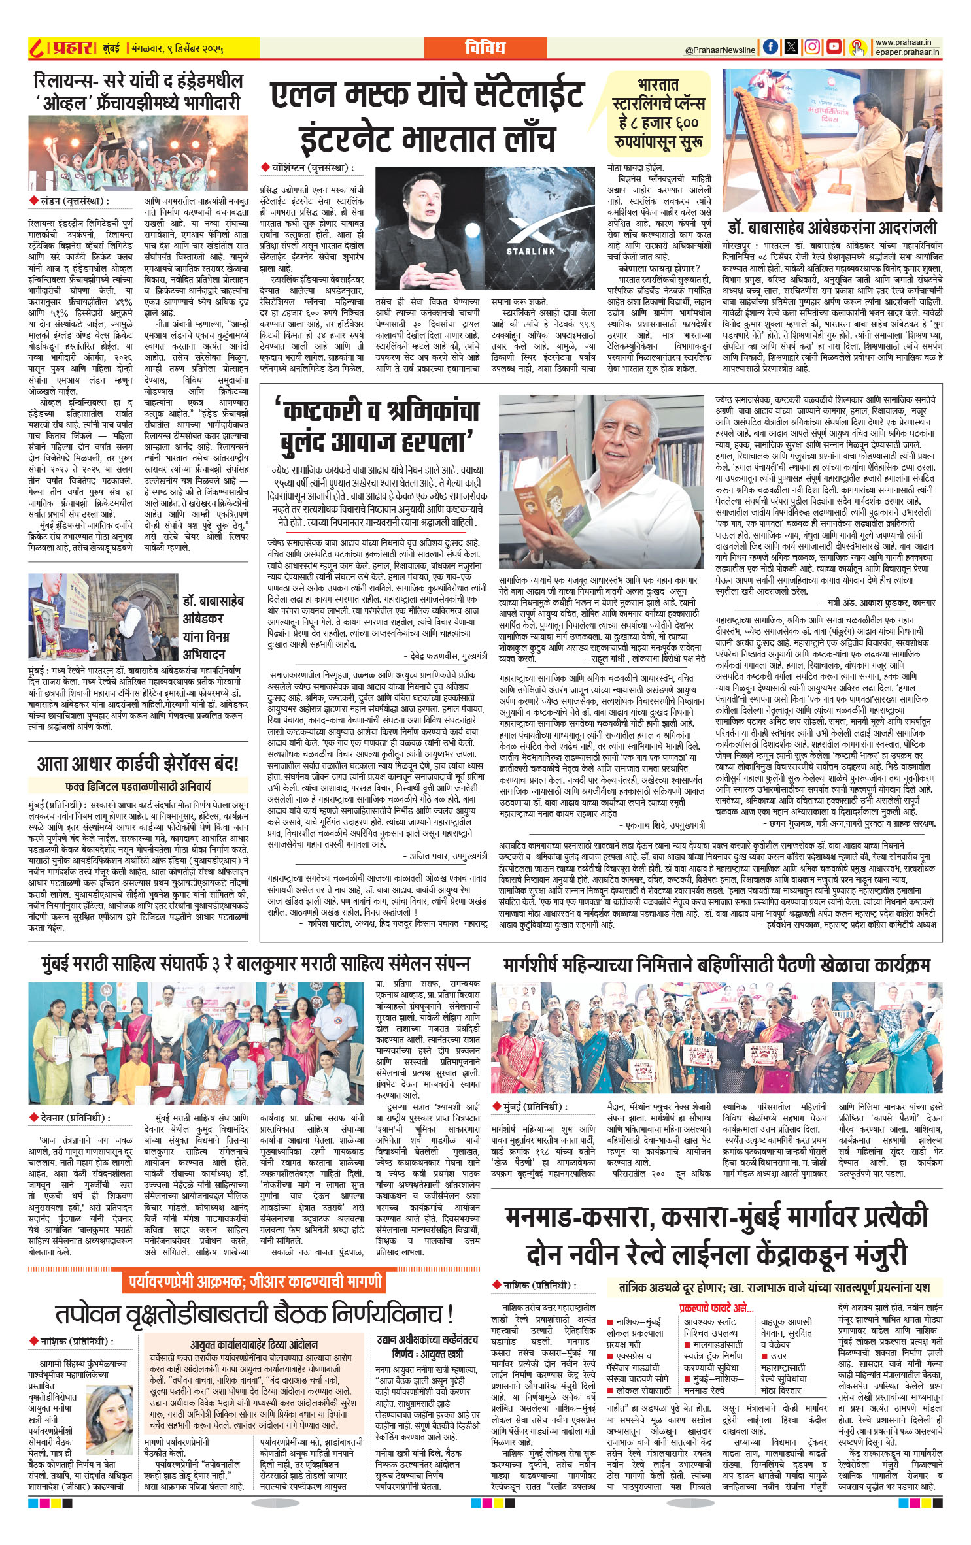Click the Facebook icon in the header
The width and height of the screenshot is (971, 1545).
click(x=772, y=47)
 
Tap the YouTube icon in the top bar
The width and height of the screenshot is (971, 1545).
click(x=834, y=47)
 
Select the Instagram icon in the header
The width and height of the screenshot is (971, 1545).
click(x=813, y=47)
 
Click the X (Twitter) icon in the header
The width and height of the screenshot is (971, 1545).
click(x=792, y=47)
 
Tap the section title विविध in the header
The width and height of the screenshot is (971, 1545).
click(x=485, y=47)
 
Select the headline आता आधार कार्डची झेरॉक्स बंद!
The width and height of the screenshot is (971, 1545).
click(x=138, y=763)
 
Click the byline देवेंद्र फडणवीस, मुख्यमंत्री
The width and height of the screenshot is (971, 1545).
click(x=445, y=656)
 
